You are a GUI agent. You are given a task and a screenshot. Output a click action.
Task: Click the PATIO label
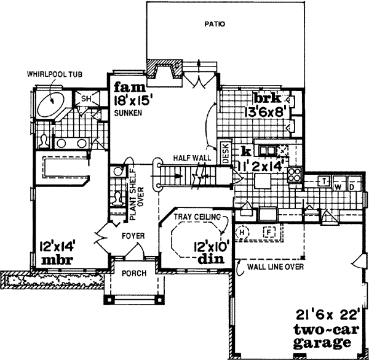pos(214,25)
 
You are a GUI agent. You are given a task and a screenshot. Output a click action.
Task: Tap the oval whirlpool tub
pos(50,103)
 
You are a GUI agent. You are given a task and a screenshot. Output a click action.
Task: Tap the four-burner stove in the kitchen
pos(295,174)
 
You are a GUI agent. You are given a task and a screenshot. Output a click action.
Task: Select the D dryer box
pos(352,186)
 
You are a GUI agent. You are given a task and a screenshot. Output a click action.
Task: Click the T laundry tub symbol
pos(322,181)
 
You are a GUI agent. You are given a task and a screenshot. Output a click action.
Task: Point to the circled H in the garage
pos(242,232)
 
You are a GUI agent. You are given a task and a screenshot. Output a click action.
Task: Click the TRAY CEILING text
pos(196,217)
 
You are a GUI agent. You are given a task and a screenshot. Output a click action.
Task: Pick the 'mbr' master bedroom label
pos(57,260)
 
